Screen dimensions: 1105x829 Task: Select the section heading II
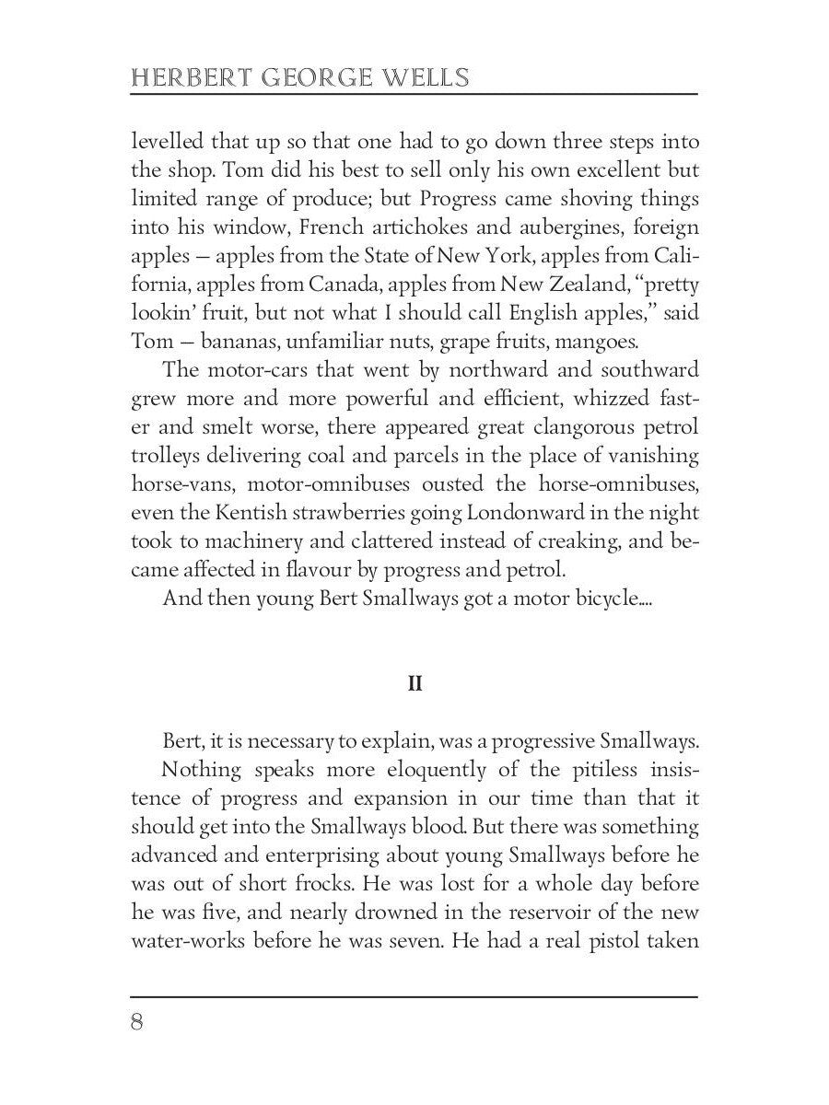[414, 685]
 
